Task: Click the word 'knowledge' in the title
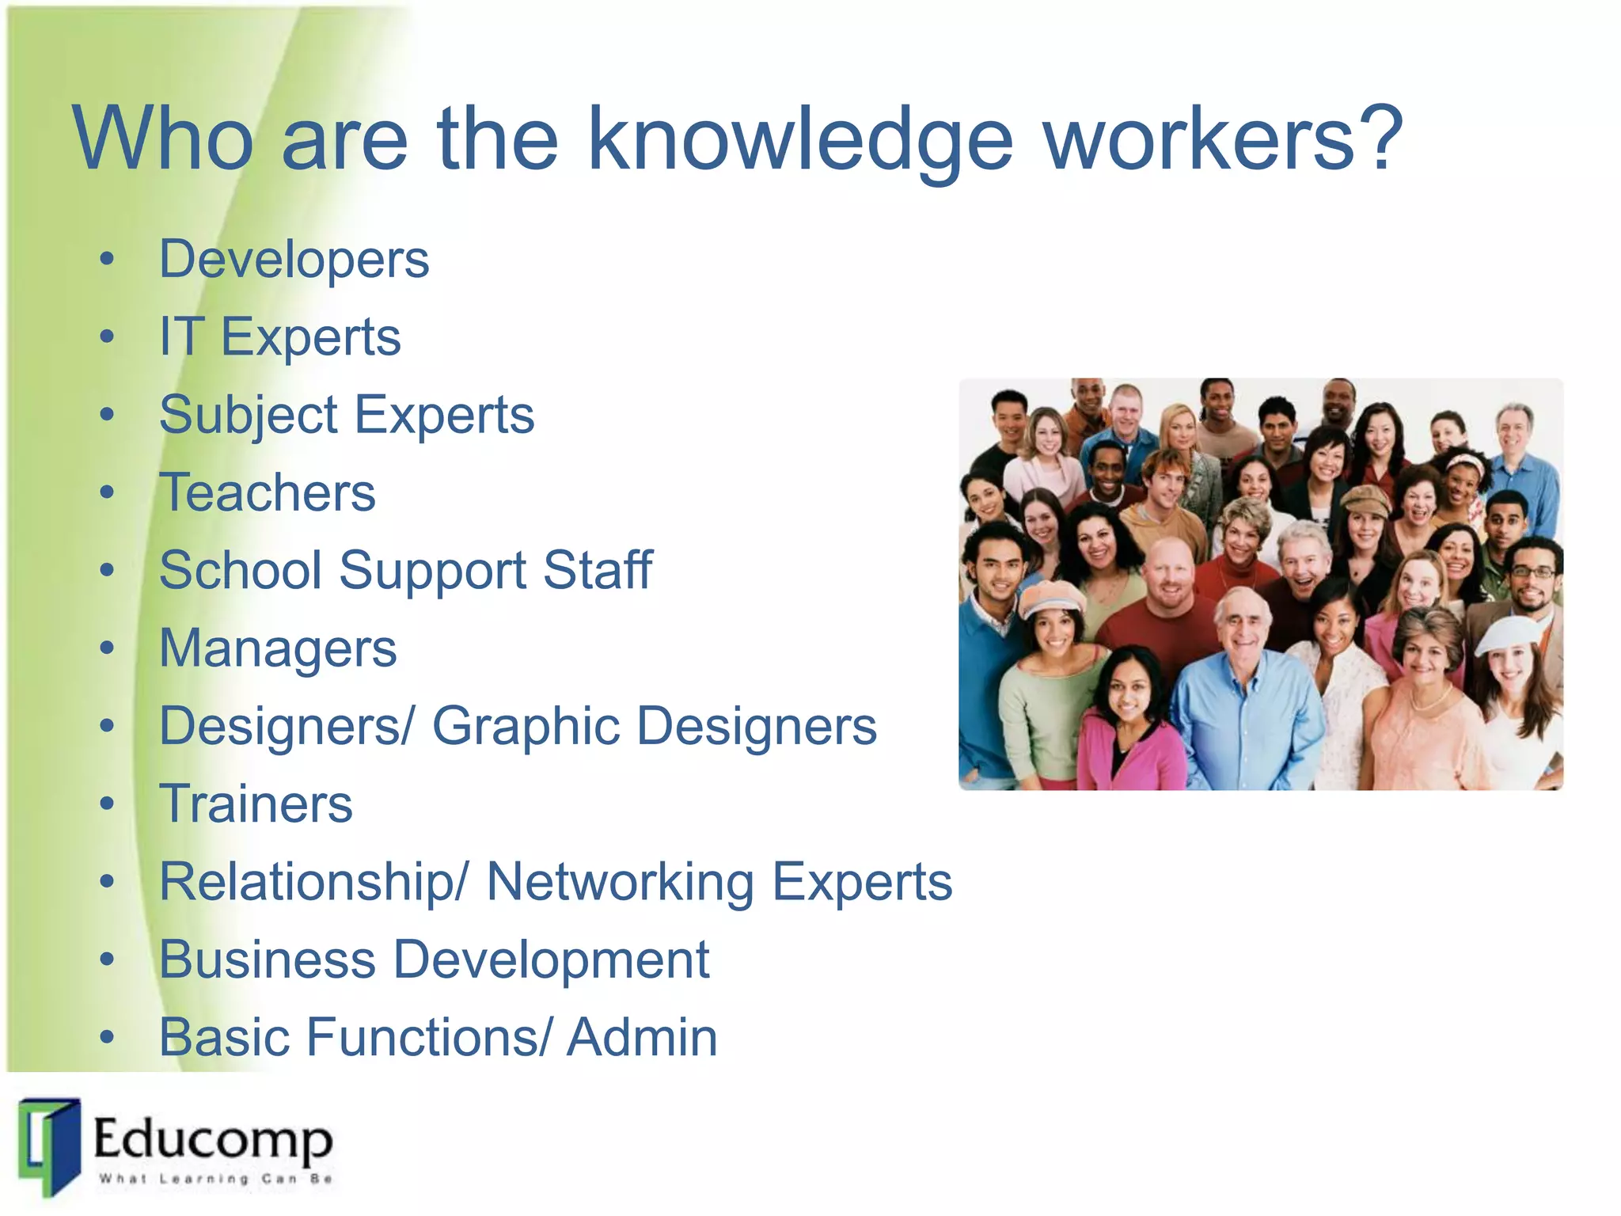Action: coord(799,141)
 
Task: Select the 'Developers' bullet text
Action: coord(294,260)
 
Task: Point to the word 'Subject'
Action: coord(249,416)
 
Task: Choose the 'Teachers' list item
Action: coord(268,492)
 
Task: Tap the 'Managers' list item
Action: coord(278,648)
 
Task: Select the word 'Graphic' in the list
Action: coord(526,726)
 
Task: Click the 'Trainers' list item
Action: coord(256,804)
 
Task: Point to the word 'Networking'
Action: coord(620,882)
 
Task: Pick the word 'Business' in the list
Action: coord(268,959)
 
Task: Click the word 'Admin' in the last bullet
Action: coord(642,1037)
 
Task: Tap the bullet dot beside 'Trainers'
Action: coord(108,804)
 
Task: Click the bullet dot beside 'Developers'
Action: coord(108,260)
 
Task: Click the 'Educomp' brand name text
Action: coord(213,1139)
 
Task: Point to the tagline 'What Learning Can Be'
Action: coord(214,1179)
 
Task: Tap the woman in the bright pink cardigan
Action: coord(1128,728)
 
